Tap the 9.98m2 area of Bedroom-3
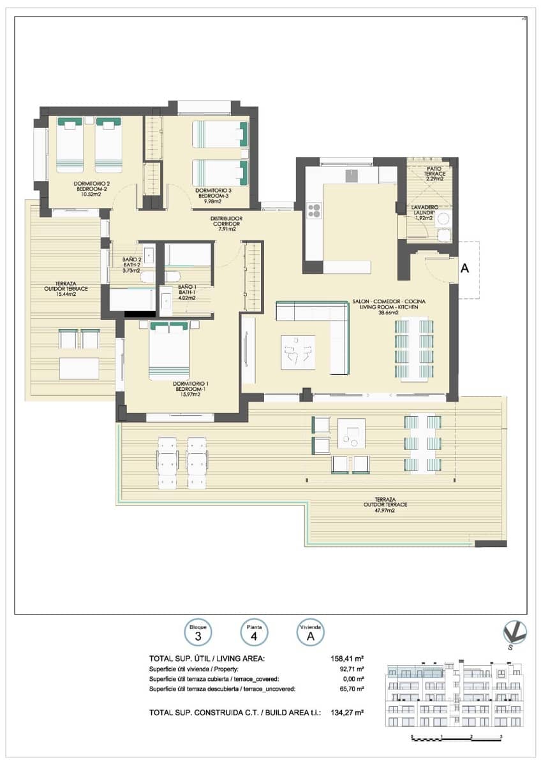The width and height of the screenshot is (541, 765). pyautogui.click(x=209, y=202)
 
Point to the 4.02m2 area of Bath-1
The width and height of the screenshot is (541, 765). pyautogui.click(x=187, y=296)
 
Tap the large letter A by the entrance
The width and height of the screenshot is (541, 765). pyautogui.click(x=464, y=269)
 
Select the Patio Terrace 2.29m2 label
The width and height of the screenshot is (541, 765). pyautogui.click(x=436, y=173)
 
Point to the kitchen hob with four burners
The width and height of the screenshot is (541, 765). pyautogui.click(x=315, y=210)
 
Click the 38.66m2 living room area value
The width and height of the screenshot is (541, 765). pyautogui.click(x=389, y=313)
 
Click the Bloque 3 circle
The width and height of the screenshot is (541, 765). pyautogui.click(x=198, y=632)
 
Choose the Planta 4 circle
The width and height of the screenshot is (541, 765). pyautogui.click(x=253, y=632)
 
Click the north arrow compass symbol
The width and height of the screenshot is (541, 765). pyautogui.click(x=514, y=633)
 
